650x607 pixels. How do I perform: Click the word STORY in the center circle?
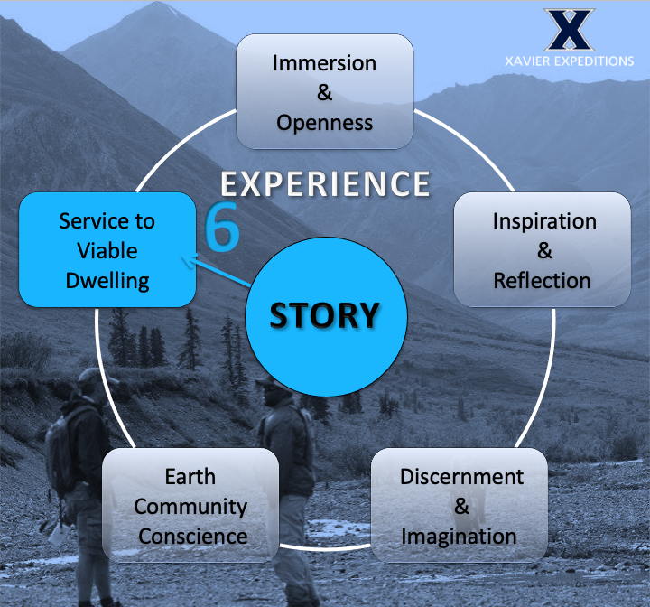(x=325, y=316)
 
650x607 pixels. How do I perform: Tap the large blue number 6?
(x=223, y=227)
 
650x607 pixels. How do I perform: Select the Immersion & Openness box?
(x=325, y=91)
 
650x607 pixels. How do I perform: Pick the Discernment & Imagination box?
(x=460, y=505)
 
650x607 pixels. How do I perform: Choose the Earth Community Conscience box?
(x=190, y=505)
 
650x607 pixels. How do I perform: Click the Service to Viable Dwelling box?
(x=107, y=249)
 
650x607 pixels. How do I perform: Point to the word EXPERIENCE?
(x=326, y=184)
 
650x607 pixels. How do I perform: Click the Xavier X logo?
(x=569, y=31)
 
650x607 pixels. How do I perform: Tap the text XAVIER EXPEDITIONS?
(x=569, y=61)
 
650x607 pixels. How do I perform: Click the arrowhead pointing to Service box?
(x=189, y=262)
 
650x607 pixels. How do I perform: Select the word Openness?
(x=325, y=122)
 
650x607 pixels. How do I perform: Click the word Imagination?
(x=460, y=536)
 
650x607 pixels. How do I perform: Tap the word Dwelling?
(x=107, y=280)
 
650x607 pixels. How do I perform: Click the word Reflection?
(x=543, y=280)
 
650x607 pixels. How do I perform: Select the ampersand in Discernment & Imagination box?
(x=461, y=506)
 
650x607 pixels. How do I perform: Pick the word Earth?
(x=190, y=475)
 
